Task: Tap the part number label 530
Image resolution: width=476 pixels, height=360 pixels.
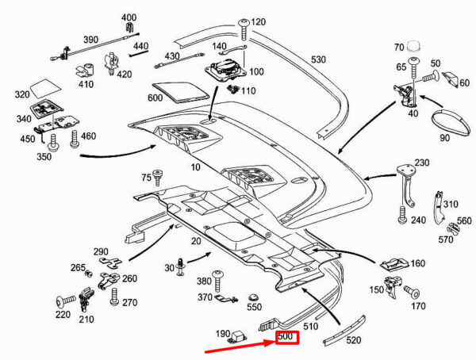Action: click(x=318, y=59)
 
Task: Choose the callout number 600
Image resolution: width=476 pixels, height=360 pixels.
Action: click(x=154, y=98)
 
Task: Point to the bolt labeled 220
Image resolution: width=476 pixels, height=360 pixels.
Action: click(x=63, y=301)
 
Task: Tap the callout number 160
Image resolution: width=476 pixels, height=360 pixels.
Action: click(x=417, y=263)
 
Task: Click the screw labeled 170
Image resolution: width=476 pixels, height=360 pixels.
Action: click(x=413, y=293)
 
